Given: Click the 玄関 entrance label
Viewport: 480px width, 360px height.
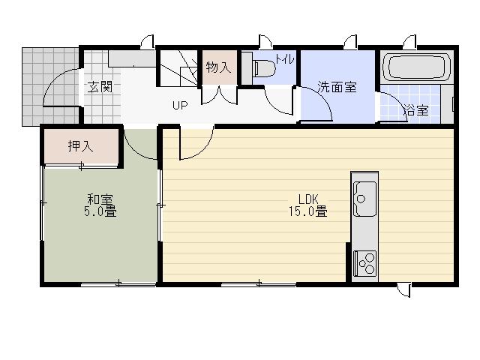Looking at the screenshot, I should [100, 86].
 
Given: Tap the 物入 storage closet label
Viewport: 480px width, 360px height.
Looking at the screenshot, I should [218, 67].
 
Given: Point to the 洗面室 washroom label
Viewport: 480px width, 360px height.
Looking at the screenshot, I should [337, 87].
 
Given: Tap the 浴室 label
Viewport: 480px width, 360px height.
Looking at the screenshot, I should [416, 110].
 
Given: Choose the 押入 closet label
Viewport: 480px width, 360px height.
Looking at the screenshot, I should [81, 146].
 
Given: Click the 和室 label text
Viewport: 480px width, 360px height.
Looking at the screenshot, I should [100, 199].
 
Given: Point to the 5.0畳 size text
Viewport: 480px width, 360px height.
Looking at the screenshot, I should [100, 212].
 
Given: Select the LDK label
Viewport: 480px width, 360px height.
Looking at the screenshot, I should [309, 199].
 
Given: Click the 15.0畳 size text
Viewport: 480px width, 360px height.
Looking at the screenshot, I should [309, 212].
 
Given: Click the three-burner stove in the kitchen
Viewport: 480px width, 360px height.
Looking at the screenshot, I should [364, 262].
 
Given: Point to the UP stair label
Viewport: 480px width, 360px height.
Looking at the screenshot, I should [179, 105].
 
